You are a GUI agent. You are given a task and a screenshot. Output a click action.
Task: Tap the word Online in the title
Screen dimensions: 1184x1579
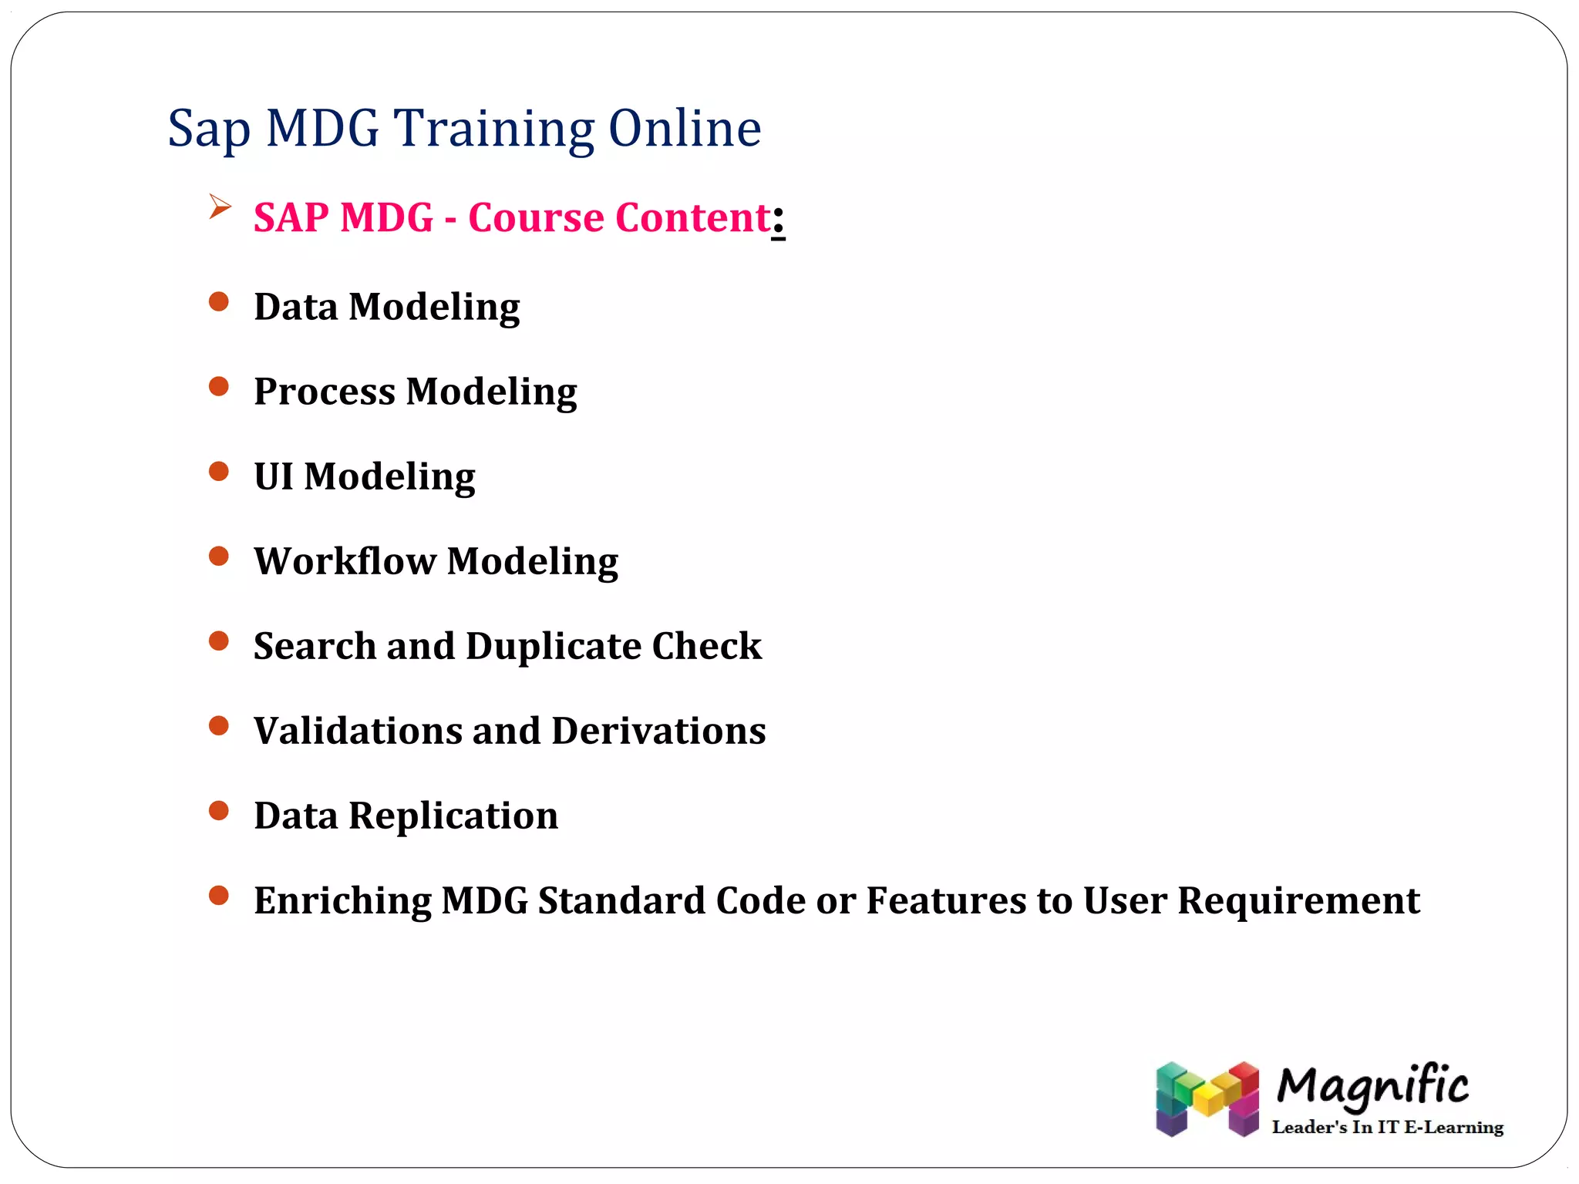pos(684,129)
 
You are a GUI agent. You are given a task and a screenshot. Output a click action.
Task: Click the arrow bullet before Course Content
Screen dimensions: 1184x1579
pos(220,207)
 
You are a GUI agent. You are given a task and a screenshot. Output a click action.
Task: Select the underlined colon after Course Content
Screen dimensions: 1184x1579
pos(778,220)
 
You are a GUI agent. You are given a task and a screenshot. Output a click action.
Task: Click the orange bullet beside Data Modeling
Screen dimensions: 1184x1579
pos(219,301)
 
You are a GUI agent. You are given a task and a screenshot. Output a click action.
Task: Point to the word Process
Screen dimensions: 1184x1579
pos(325,392)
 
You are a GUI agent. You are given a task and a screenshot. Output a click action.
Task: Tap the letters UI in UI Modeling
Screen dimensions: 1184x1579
pos(274,476)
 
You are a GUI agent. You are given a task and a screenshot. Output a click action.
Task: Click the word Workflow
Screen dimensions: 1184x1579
pos(345,561)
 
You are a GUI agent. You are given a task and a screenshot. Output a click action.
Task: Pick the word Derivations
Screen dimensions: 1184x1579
pos(658,731)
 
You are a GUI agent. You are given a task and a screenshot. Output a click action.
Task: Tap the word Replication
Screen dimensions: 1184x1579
pos(453,816)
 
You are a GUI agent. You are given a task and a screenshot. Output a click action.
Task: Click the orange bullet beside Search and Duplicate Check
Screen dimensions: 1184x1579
pos(219,641)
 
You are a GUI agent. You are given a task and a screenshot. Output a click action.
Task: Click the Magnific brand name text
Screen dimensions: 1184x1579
pos(1372,1087)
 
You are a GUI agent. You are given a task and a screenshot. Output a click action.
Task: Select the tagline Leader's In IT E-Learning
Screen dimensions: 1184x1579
pos(1387,1128)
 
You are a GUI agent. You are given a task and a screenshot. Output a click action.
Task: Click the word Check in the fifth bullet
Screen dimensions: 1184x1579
pos(706,646)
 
